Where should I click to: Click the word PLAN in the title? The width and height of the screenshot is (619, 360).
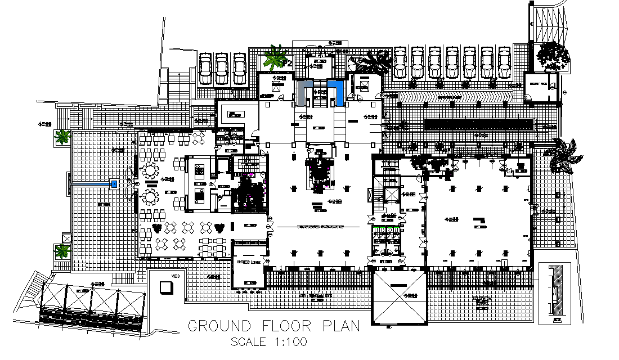click(x=340, y=326)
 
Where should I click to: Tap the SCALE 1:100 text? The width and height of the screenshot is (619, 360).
click(x=269, y=342)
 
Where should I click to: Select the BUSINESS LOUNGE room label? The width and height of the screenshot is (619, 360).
click(x=247, y=262)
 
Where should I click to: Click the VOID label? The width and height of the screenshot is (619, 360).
click(x=176, y=276)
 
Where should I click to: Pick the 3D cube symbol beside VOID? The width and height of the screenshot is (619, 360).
click(x=166, y=287)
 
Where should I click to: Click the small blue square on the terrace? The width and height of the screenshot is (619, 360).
click(x=115, y=184)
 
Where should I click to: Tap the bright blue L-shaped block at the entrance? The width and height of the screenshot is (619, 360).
click(x=338, y=92)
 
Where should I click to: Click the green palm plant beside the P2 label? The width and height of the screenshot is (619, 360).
click(x=276, y=57)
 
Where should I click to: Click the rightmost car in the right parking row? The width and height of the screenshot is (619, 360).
click(x=504, y=62)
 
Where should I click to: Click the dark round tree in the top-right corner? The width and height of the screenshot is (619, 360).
click(x=553, y=56)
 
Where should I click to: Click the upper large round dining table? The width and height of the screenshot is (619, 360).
click(x=150, y=169)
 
